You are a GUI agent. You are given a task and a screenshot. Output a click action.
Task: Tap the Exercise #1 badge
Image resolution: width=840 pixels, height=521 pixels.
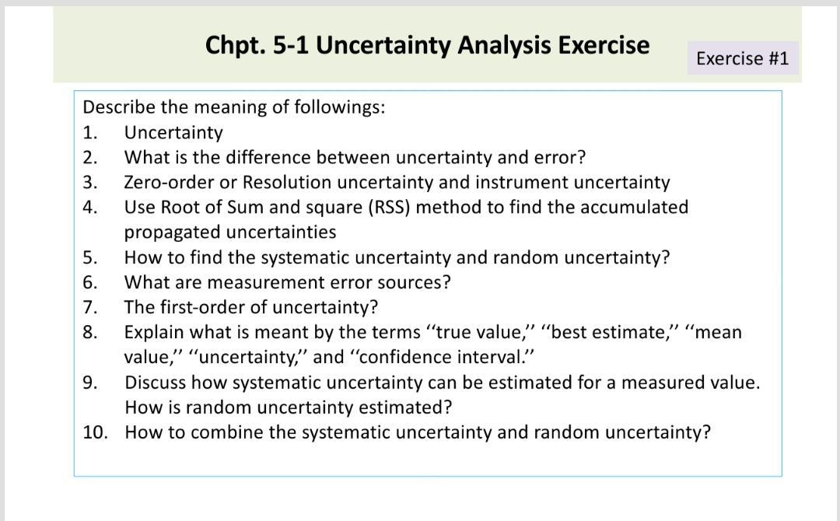point(742,58)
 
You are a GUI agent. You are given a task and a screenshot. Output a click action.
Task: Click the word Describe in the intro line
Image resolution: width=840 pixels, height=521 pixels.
point(119,107)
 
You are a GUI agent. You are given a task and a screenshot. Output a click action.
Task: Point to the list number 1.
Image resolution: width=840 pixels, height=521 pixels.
point(89,133)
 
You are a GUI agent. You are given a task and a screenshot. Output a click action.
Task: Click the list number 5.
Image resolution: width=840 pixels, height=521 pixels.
point(89,257)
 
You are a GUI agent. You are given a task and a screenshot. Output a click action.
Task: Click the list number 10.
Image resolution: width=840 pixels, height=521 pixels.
point(94,432)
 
